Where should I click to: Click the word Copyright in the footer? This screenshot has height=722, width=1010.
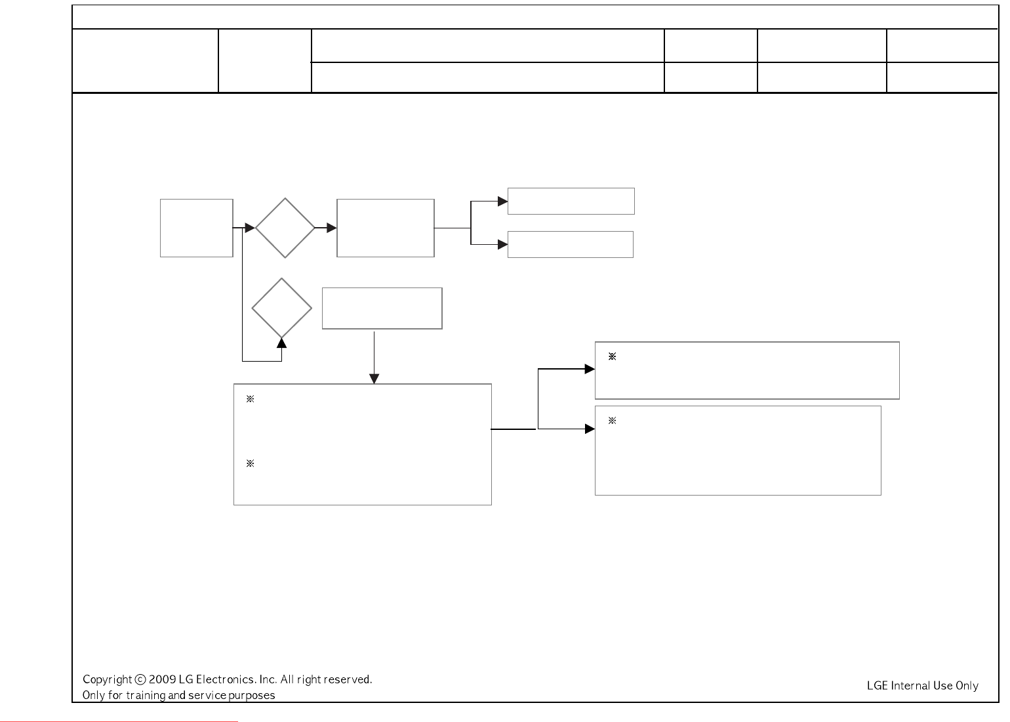(107, 680)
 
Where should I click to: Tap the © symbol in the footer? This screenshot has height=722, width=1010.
(140, 680)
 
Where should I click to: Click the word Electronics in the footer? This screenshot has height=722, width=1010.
(226, 680)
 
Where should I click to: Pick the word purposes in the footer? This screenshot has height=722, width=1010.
(252, 695)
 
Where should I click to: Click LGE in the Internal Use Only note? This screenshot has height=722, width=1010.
(878, 686)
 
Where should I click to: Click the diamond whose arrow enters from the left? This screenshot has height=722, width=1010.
(285, 228)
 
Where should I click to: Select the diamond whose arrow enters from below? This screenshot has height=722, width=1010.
(282, 308)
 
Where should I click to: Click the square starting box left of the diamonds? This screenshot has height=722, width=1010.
(197, 228)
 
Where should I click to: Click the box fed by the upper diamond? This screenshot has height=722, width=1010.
(385, 228)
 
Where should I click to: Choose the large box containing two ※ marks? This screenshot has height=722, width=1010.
(362, 444)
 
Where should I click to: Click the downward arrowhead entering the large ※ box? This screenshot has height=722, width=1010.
(374, 379)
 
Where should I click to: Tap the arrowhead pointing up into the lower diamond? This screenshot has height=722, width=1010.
(282, 343)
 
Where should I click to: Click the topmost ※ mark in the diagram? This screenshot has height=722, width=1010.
(612, 357)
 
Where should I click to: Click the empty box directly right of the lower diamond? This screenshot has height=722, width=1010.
(382, 308)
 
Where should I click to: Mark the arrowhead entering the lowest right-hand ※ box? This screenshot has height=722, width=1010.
(590, 429)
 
